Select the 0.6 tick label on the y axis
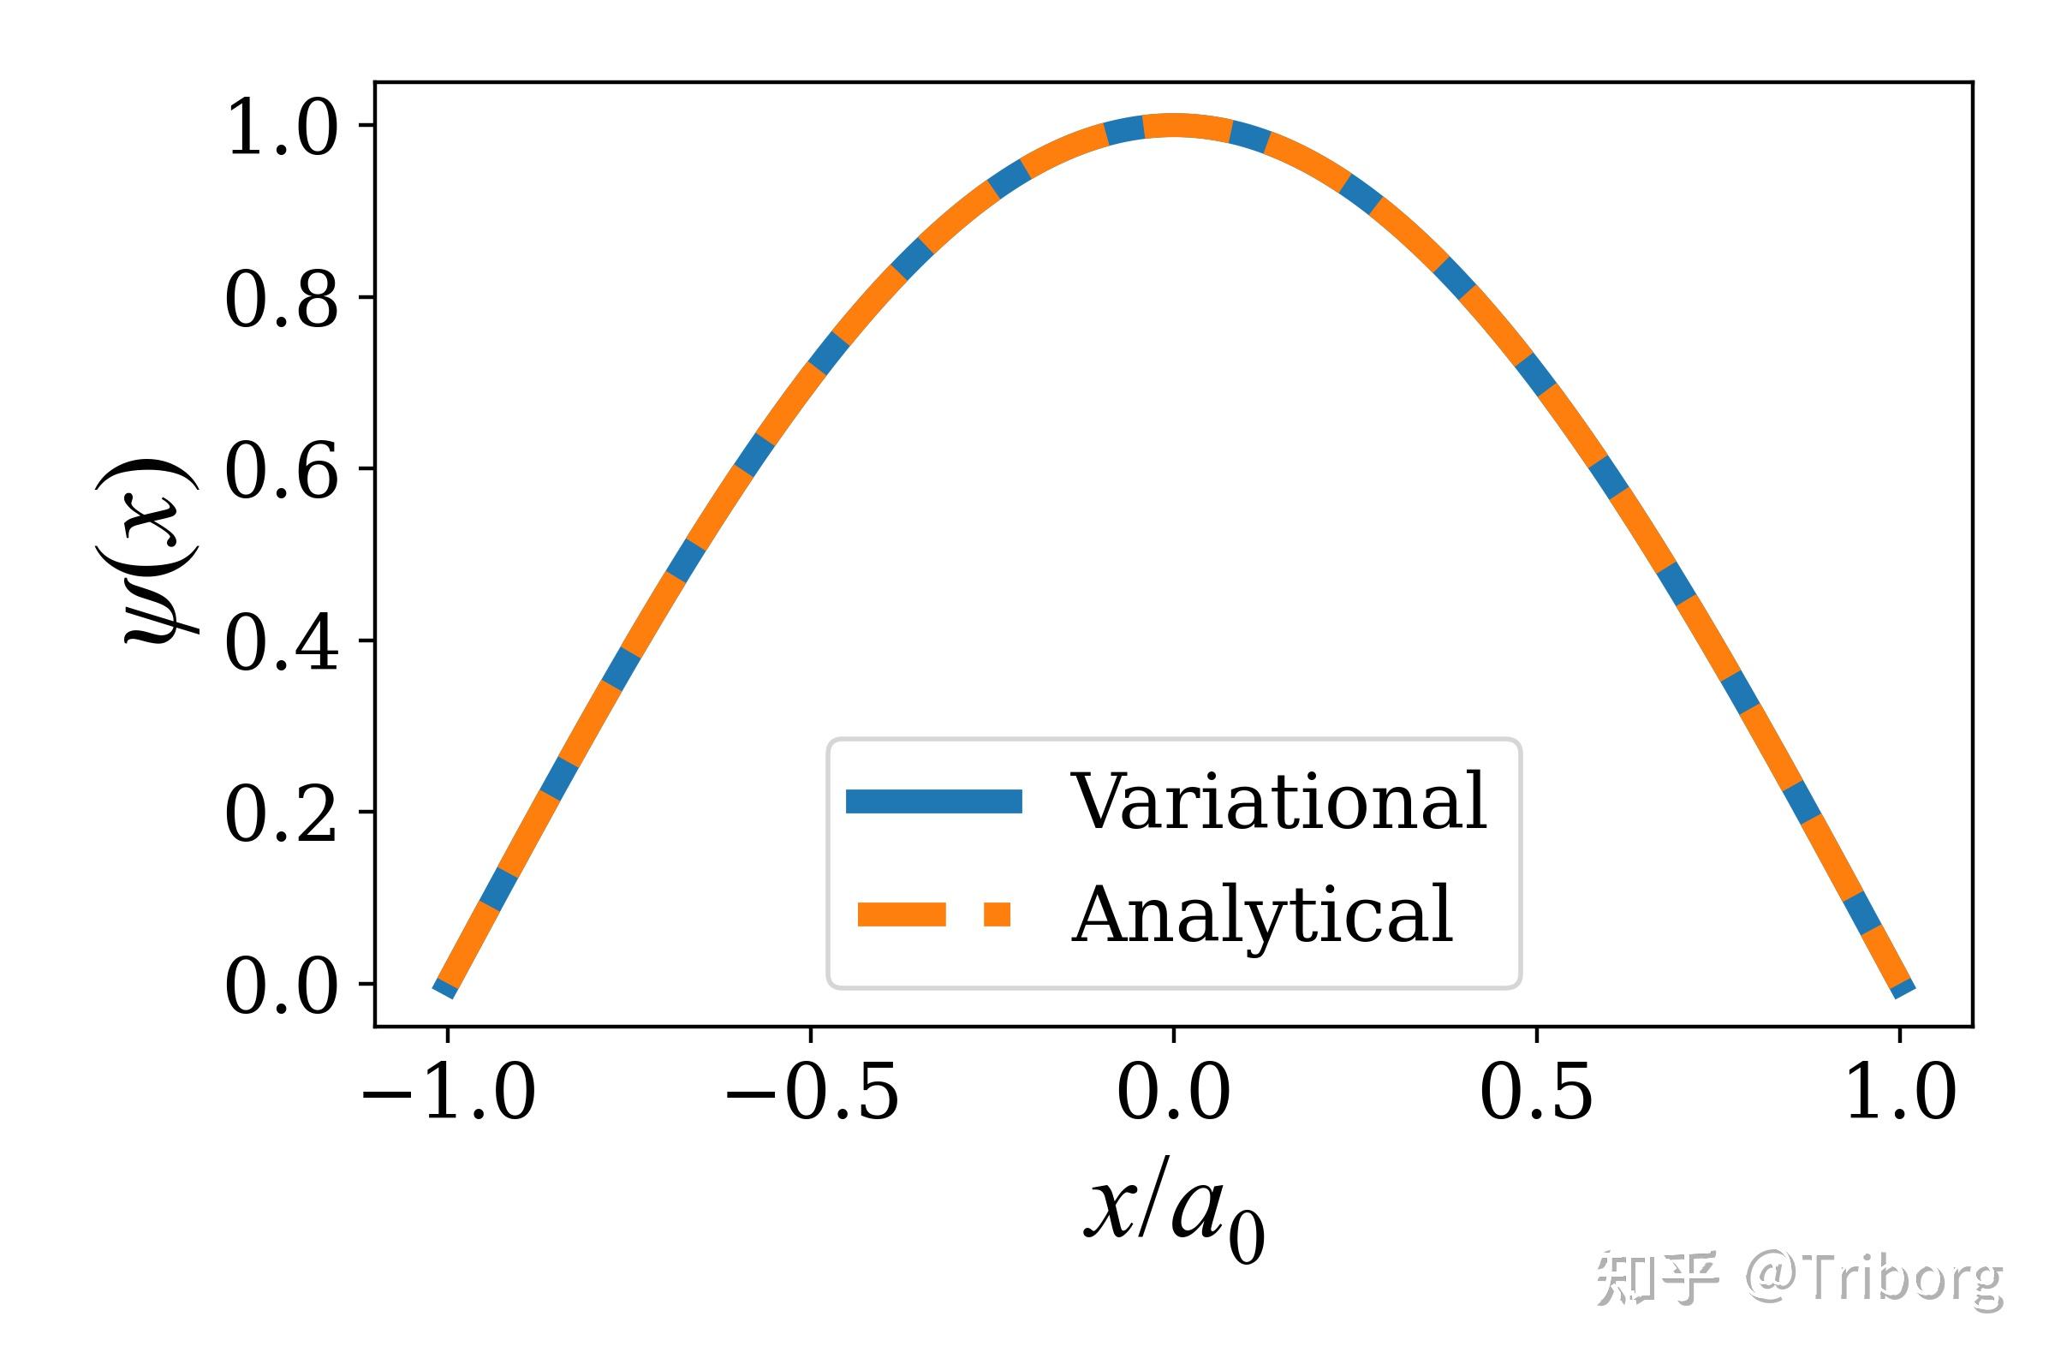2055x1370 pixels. point(282,473)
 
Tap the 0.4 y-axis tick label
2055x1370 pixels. point(282,645)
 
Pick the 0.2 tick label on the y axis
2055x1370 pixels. point(282,816)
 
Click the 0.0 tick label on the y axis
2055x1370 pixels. point(282,988)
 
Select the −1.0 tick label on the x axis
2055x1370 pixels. point(448,1094)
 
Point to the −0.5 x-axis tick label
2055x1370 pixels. point(812,1094)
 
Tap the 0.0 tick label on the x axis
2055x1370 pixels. point(1173,1094)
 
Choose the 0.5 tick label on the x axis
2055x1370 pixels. point(1536,1094)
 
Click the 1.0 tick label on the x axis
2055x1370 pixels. point(1899,1094)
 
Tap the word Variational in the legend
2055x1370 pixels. point(1278,801)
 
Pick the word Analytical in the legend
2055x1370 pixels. point(1262,914)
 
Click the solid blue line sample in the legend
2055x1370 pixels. point(933,801)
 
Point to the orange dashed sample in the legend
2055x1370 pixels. point(933,914)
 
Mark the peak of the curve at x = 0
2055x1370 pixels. point(1173,126)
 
